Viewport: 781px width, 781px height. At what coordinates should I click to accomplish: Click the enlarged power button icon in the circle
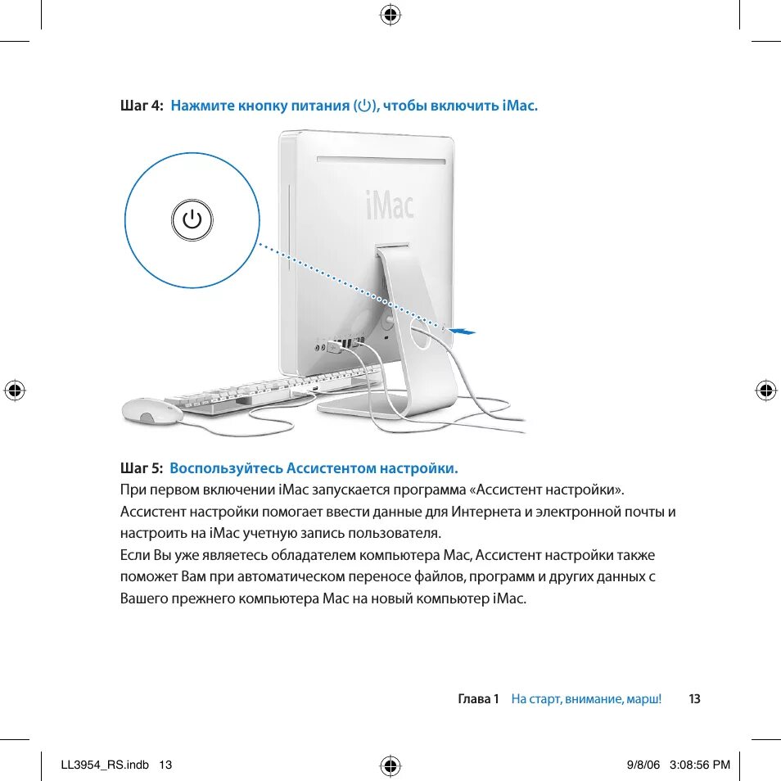[x=192, y=220]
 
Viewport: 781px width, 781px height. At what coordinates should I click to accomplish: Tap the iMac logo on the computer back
[x=388, y=204]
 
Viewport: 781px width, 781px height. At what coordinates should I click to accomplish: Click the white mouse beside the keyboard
[x=151, y=411]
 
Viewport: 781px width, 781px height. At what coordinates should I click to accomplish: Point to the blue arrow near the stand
[x=463, y=331]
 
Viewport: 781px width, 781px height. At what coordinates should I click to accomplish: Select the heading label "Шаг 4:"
[x=142, y=106]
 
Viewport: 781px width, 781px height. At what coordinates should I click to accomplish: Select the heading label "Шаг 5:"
[x=142, y=468]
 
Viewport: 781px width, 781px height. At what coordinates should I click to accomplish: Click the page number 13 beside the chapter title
[x=694, y=699]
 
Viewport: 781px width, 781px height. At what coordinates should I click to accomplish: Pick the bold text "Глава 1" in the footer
[x=478, y=699]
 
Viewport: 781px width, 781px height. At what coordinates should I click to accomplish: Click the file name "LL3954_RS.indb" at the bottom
[x=105, y=765]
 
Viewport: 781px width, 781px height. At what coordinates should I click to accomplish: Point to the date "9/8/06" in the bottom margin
[x=643, y=765]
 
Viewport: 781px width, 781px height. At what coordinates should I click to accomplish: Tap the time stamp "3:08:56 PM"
[x=699, y=765]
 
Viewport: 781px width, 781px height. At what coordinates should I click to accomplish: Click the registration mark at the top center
[x=390, y=14]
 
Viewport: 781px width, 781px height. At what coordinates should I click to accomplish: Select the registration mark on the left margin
[x=14, y=390]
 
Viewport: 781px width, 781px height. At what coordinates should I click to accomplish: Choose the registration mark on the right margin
[x=766, y=390]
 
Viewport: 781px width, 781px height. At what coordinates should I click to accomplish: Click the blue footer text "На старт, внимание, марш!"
[x=586, y=699]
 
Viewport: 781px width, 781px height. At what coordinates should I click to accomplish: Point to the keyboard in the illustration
[x=262, y=390]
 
